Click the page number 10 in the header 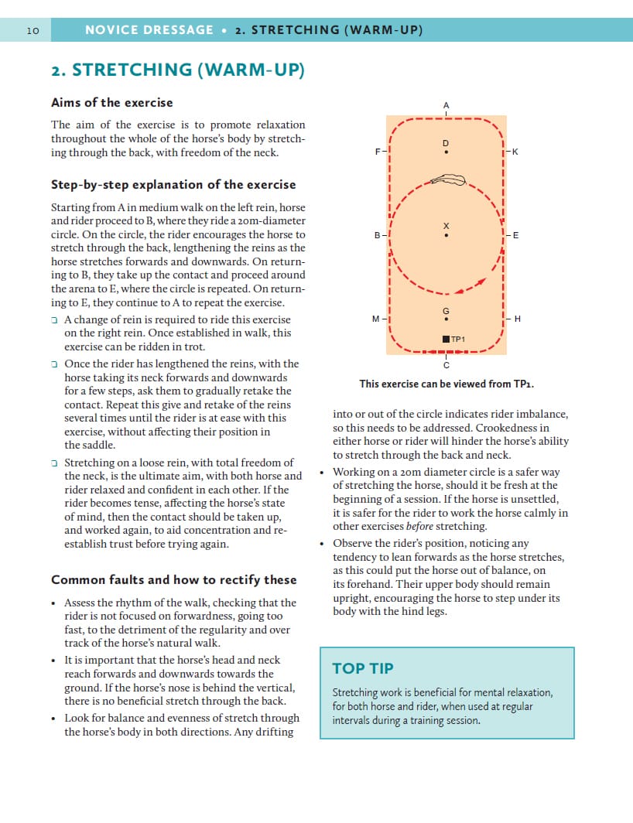point(33,30)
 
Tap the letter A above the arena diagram point(446,104)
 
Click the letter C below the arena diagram point(446,364)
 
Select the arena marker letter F point(378,152)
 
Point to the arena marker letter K point(515,152)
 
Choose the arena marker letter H point(517,319)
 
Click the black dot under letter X point(446,236)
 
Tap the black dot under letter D point(446,152)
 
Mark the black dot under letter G point(446,319)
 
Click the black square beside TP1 point(446,339)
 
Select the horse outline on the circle point(448,180)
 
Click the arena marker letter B point(378,234)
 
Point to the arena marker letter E point(515,234)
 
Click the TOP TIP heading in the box point(363,668)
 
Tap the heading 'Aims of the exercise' point(112,102)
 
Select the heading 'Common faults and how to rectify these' point(173,579)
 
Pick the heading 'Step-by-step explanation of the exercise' point(173,184)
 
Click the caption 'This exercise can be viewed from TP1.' point(447,384)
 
